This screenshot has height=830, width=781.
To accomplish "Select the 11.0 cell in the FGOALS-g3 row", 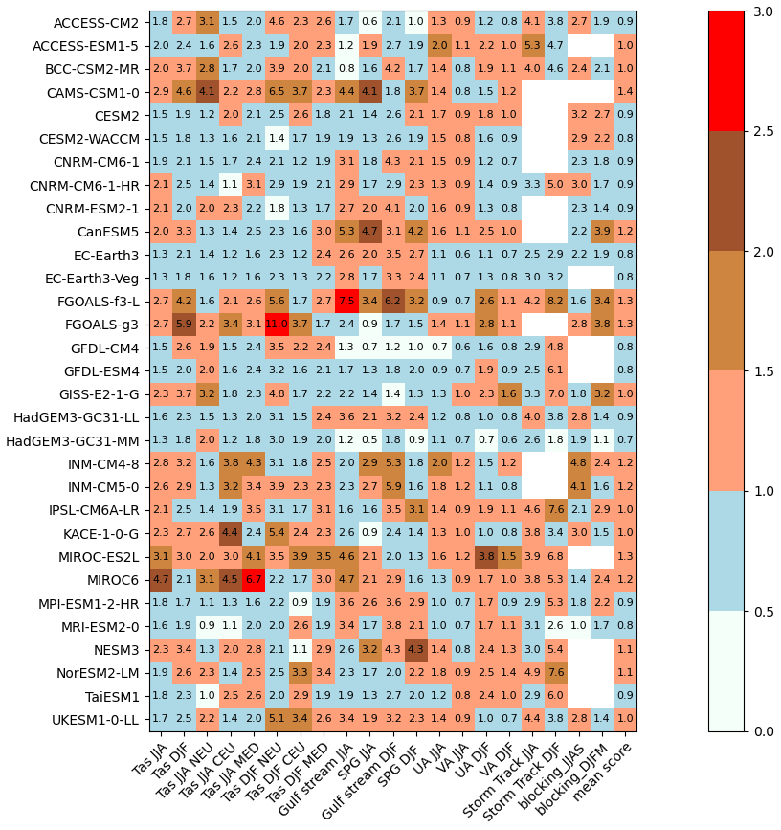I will [277, 324].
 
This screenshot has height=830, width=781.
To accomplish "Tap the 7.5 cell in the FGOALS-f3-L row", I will [346, 301].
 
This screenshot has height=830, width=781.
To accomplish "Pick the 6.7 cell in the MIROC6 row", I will [254, 579].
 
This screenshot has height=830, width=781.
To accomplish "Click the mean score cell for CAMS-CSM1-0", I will [625, 92].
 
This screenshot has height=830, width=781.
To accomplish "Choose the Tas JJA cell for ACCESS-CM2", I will [161, 22].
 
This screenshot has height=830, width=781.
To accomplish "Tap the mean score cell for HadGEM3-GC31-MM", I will [625, 439].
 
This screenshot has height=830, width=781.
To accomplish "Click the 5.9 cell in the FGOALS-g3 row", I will [184, 324].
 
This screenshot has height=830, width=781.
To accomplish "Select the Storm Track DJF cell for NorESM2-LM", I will [555, 672].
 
